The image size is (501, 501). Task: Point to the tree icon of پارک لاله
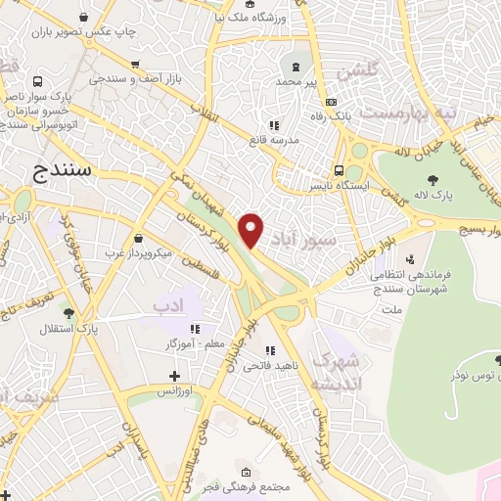[x=433, y=178]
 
